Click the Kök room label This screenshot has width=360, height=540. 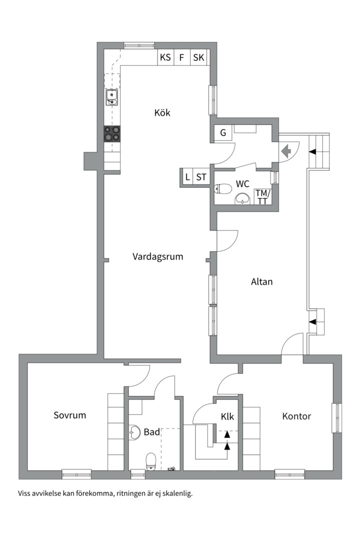[x=162, y=113]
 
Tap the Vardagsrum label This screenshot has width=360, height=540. [x=157, y=257]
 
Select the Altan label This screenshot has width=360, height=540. [x=261, y=281]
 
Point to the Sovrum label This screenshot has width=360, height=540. [x=70, y=415]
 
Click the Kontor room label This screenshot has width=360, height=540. [x=296, y=416]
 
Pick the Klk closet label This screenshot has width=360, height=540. [x=227, y=416]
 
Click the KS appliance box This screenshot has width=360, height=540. [x=165, y=57]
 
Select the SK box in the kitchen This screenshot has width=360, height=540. [x=198, y=57]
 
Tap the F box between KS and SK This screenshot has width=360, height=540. [x=181, y=57]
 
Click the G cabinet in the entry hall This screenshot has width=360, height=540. [x=223, y=133]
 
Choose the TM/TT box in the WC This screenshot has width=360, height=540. [x=262, y=197]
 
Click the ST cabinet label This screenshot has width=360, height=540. [x=201, y=177]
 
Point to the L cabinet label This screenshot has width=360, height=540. [x=187, y=177]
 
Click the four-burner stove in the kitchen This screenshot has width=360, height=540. [x=112, y=133]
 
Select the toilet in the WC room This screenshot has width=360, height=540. [x=223, y=189]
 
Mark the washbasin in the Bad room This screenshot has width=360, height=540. [x=134, y=432]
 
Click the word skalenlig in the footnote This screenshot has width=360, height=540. [x=175, y=493]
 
